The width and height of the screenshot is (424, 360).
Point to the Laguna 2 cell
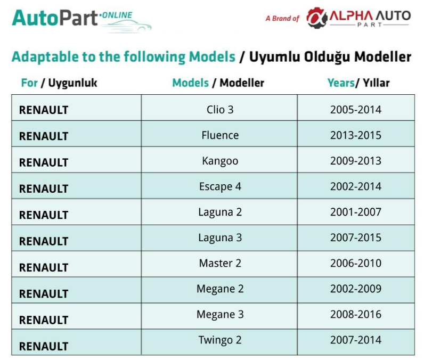click(220, 212)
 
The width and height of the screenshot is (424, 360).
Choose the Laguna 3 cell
click(220, 238)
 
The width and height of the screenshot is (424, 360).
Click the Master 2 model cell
click(220, 263)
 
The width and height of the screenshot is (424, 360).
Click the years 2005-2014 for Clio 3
click(356, 110)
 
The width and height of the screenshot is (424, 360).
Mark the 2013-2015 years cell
click(356, 135)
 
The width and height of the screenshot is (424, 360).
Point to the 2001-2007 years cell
click(356, 212)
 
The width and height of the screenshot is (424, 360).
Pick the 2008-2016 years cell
click(356, 314)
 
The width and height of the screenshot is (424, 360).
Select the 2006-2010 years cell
click(356, 263)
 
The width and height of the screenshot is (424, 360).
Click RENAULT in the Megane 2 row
click(44, 294)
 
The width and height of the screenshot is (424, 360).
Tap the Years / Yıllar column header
click(358, 83)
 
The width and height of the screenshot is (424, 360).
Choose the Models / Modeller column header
click(218, 83)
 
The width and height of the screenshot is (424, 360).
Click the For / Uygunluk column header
click(59, 83)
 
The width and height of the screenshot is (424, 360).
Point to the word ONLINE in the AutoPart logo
click(116, 15)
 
